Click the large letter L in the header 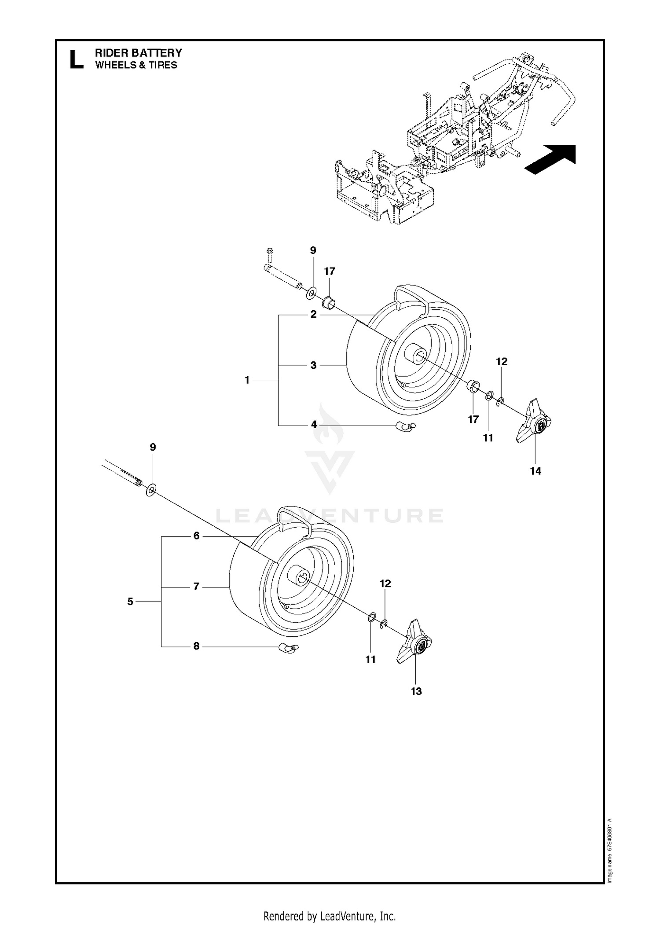pyautogui.click(x=76, y=59)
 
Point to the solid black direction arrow pyautogui.click(x=551, y=159)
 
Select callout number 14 pyautogui.click(x=535, y=471)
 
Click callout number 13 pyautogui.click(x=416, y=691)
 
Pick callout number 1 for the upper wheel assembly pyautogui.click(x=247, y=380)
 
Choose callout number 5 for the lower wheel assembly pyautogui.click(x=130, y=602)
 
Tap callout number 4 pyautogui.click(x=314, y=425)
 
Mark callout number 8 pyautogui.click(x=196, y=646)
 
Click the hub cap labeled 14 pyautogui.click(x=534, y=421)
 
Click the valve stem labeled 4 pyautogui.click(x=405, y=426)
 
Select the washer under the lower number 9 pyautogui.click(x=151, y=489)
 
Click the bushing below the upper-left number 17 pyautogui.click(x=329, y=303)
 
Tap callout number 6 pyautogui.click(x=196, y=536)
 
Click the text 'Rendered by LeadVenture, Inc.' pyautogui.click(x=330, y=913)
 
